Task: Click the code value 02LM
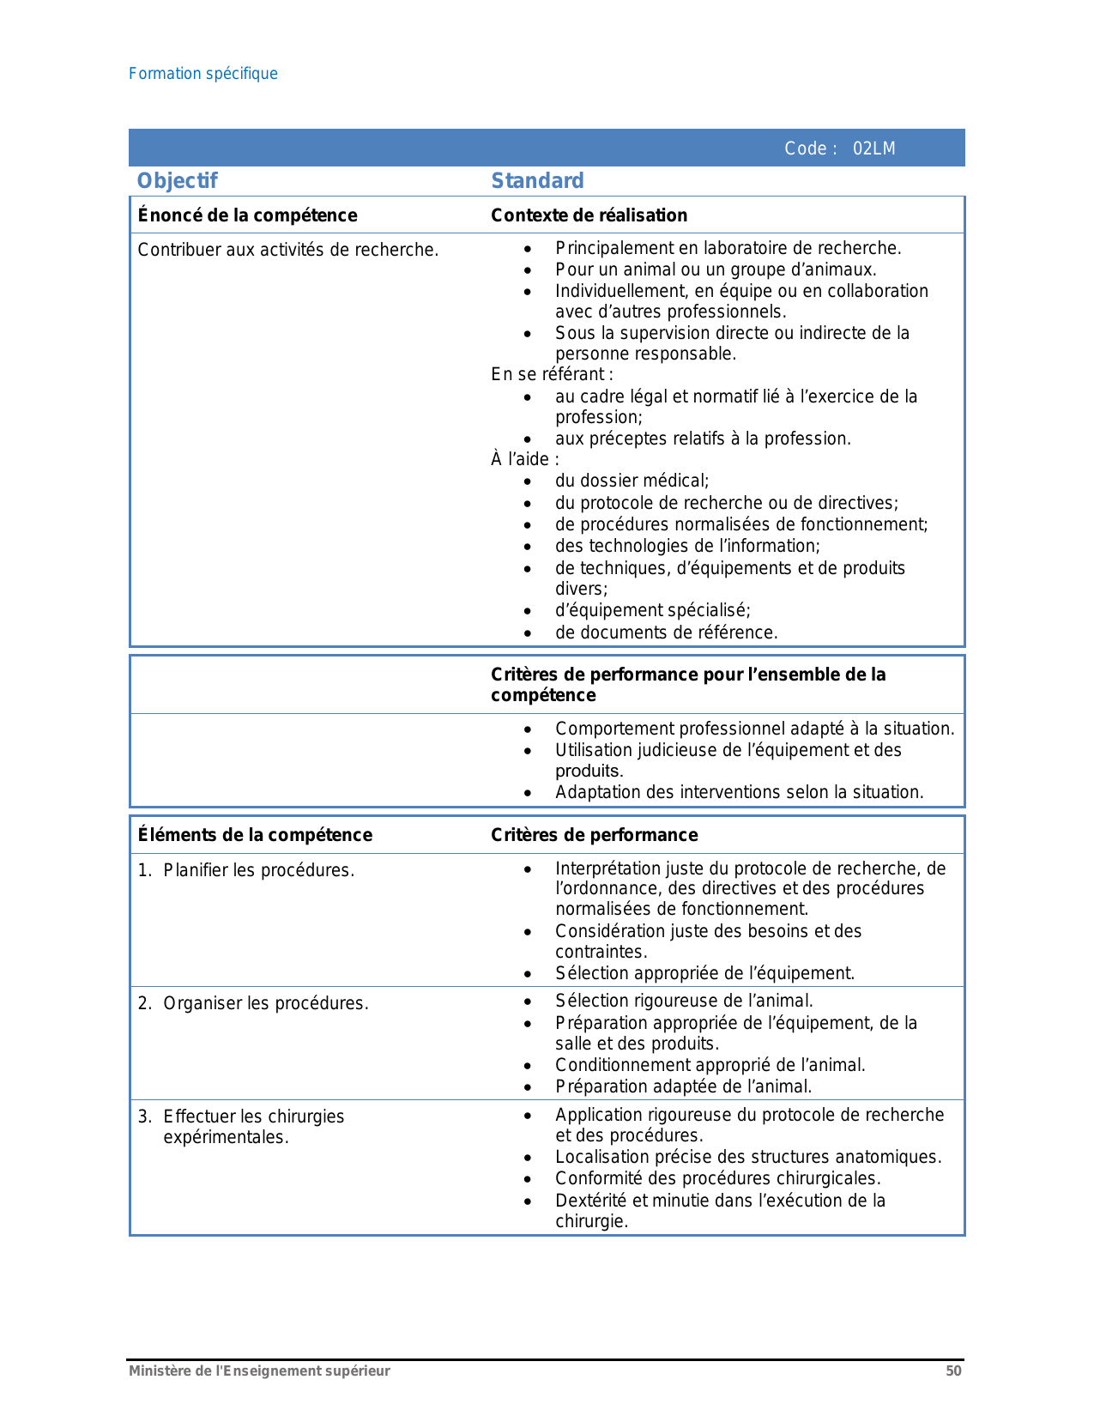[873, 148]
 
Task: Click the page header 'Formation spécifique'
[203, 74]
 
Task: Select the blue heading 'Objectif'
[178, 180]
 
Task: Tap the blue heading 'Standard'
[537, 180]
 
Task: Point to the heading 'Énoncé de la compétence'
[248, 215]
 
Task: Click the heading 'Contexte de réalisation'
[589, 215]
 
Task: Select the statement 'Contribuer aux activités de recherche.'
[288, 250]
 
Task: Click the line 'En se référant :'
[552, 374]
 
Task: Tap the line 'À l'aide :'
[525, 459]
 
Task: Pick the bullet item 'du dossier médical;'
[632, 481]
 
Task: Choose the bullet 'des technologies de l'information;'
[687, 546]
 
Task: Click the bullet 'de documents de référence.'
[666, 632]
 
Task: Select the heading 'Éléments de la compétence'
[256, 835]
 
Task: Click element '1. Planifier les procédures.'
[246, 870]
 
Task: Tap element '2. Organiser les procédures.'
[253, 1003]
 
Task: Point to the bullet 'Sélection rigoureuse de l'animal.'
[684, 1001]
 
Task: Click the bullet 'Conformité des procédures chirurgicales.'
[717, 1178]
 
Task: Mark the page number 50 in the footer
[953, 1371]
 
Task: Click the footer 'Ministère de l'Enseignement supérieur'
[259, 1371]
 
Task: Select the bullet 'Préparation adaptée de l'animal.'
[683, 1086]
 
